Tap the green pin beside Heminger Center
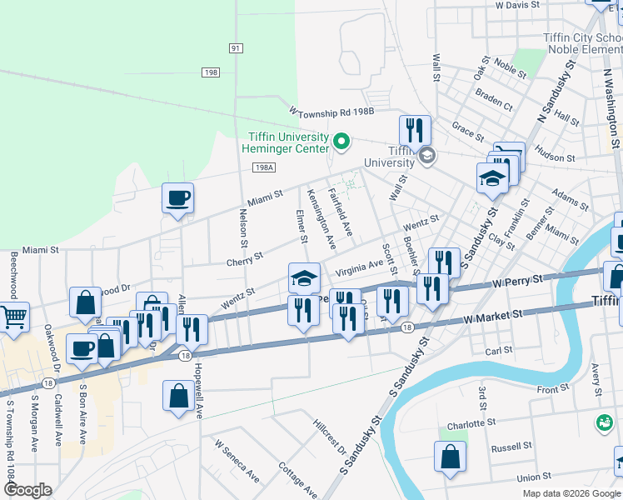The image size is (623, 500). pyautogui.click(x=341, y=142)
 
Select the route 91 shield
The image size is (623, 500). pyautogui.click(x=237, y=48)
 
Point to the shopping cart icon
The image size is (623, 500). pyautogui.click(x=14, y=316)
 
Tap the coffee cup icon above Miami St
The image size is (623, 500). pyautogui.click(x=177, y=198)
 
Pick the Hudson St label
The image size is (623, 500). pyautogui.click(x=555, y=157)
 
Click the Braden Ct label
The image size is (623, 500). pyautogui.click(x=494, y=102)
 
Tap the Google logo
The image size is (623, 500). pyautogui.click(x=27, y=490)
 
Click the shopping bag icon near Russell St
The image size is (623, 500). pyautogui.click(x=450, y=456)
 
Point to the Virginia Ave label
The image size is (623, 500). pyautogui.click(x=359, y=269)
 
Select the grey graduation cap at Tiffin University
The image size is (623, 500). pyautogui.click(x=427, y=155)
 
